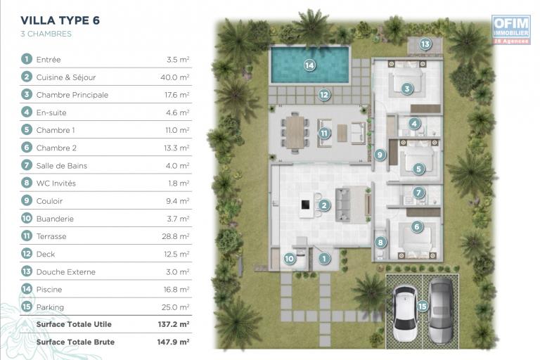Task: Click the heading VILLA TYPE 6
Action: tap(60, 20)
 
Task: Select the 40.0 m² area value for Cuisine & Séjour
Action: tap(175, 77)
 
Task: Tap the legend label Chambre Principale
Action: tap(72, 95)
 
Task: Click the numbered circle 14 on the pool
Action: tap(309, 65)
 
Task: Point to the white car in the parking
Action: tap(405, 313)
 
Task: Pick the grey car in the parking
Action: tap(440, 311)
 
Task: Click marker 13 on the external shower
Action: tap(425, 44)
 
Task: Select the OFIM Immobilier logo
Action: tap(510, 30)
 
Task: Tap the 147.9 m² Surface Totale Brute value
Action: tap(173, 342)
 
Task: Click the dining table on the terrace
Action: tap(295, 132)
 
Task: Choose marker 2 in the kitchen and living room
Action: tap(324, 205)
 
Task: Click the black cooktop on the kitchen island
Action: tap(305, 205)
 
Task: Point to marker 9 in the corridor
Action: tap(380, 155)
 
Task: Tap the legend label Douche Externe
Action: tap(66, 272)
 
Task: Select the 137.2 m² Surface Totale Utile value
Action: tap(174, 324)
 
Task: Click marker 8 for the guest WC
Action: tap(380, 242)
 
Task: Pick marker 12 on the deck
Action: tap(324, 94)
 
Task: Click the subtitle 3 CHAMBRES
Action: tap(46, 34)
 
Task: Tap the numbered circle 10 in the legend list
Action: tap(27, 218)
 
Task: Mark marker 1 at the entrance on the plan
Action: tap(323, 258)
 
